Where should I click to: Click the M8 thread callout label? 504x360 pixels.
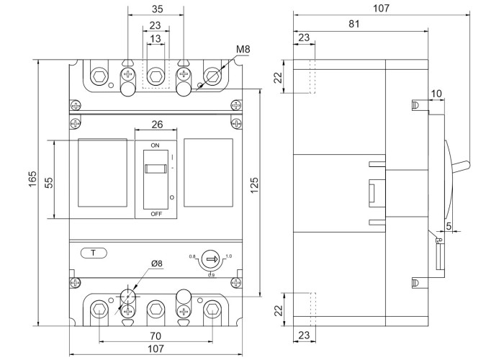(x=245, y=50)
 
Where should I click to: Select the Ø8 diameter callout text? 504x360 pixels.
(x=156, y=264)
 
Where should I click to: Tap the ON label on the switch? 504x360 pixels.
(x=155, y=145)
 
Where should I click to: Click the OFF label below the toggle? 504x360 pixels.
(x=156, y=214)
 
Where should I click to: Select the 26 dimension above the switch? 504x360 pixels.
(x=156, y=125)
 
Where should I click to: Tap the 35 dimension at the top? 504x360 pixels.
(x=156, y=10)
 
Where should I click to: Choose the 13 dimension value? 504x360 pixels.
(x=156, y=39)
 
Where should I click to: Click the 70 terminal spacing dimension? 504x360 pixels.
(x=156, y=335)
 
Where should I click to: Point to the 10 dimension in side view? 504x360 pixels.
(x=437, y=94)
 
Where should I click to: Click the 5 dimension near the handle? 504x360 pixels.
(x=449, y=227)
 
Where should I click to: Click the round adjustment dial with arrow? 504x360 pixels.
(x=211, y=258)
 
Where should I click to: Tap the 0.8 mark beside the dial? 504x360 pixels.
(x=192, y=256)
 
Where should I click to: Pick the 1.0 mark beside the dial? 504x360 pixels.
(x=229, y=256)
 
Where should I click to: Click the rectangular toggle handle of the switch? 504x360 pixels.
(x=155, y=169)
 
